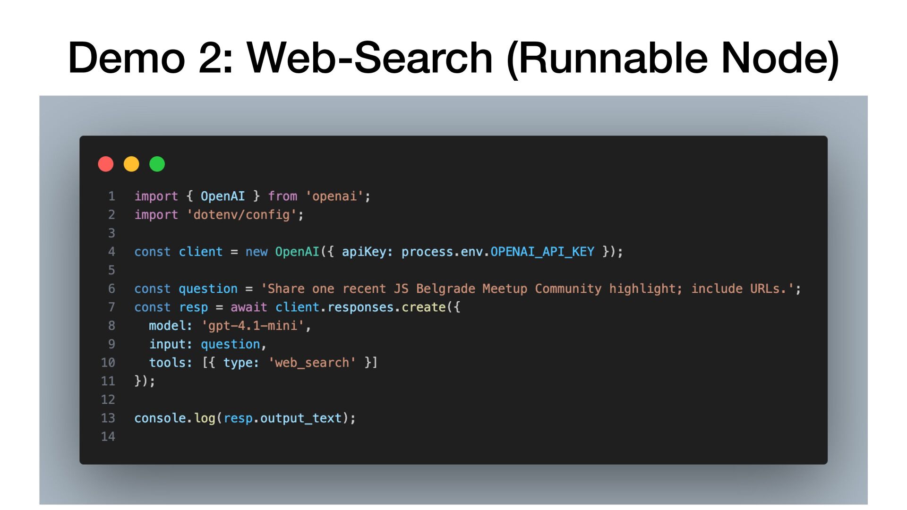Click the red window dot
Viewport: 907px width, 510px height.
[x=106, y=164]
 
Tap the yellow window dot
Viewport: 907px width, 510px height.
[x=131, y=164]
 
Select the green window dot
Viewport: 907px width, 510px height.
[x=157, y=164]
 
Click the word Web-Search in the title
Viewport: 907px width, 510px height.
[x=370, y=58]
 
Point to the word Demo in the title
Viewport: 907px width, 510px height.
[x=126, y=58]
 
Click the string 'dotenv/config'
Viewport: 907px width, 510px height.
[x=241, y=215]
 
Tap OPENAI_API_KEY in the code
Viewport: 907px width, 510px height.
[x=542, y=252]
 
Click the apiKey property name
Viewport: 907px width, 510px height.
[x=364, y=252]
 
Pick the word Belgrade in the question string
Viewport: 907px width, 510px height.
[x=445, y=289]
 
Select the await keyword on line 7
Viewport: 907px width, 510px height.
[x=248, y=307]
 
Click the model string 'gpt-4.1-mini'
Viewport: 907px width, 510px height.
[x=253, y=326]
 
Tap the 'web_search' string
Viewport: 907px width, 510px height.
[x=312, y=363]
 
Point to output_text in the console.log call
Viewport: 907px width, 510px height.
[x=300, y=418]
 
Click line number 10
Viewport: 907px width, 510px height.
[x=108, y=363]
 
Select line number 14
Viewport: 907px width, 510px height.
[x=108, y=437]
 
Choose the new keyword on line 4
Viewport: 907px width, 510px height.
[x=257, y=252]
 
